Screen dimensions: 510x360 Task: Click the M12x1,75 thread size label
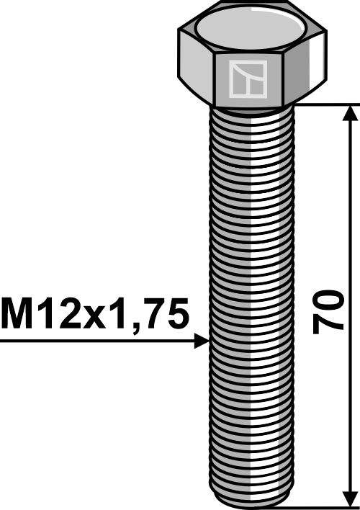[96, 314]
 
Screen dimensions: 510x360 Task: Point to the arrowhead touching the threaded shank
[202, 341]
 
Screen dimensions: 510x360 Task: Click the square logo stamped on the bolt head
[247, 79]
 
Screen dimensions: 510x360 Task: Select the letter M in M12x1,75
[17, 314]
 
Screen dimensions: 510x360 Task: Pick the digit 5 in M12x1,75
[177, 314]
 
